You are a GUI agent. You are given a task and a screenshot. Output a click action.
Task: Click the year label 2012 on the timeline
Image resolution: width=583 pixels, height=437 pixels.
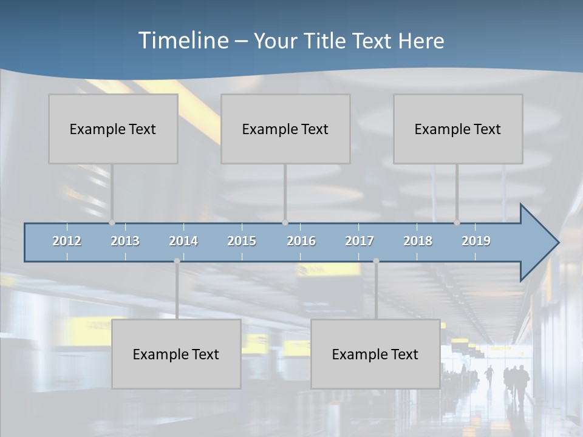coord(67,241)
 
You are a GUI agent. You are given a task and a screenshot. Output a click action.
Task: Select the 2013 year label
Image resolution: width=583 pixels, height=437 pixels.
coord(125,241)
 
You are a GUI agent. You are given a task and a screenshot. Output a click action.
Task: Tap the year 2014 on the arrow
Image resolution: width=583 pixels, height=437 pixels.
coord(183,241)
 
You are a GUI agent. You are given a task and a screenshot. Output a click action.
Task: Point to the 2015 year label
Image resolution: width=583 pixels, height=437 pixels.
coord(242,241)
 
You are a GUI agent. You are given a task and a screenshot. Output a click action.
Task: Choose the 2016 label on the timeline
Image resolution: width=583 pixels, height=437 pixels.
coord(301,241)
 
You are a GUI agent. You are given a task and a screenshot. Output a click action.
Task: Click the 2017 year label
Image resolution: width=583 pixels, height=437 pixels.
coord(360,241)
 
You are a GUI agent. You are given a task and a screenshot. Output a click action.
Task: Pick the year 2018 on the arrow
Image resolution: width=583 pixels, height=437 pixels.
coord(418,241)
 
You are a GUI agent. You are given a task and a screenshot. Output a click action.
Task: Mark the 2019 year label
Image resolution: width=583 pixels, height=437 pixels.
coord(476,241)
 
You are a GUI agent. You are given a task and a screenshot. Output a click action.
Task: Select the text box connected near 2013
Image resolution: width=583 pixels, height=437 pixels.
coord(113,129)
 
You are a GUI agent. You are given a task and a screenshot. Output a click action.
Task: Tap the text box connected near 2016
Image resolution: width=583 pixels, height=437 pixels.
coord(285,129)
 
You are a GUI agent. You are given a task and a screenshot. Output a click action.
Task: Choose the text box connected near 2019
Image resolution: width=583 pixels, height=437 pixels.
coord(458,129)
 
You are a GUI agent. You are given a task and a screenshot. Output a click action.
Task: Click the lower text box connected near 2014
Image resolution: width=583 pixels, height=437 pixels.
coord(176,354)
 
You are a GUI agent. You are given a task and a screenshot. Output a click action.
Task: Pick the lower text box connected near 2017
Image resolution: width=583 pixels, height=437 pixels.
coord(375,354)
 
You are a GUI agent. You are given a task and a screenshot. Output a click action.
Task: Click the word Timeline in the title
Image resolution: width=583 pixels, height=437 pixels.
coord(183,41)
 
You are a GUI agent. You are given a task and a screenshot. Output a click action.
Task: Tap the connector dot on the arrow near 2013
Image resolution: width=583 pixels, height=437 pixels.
coord(112,223)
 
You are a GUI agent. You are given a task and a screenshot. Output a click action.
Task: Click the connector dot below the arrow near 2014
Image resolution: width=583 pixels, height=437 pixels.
coord(177,261)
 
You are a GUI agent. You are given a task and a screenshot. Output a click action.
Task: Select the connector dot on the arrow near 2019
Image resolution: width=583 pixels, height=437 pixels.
coord(457,223)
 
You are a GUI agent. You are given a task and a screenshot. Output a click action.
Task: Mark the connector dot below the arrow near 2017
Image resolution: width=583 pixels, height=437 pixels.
coord(376,261)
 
